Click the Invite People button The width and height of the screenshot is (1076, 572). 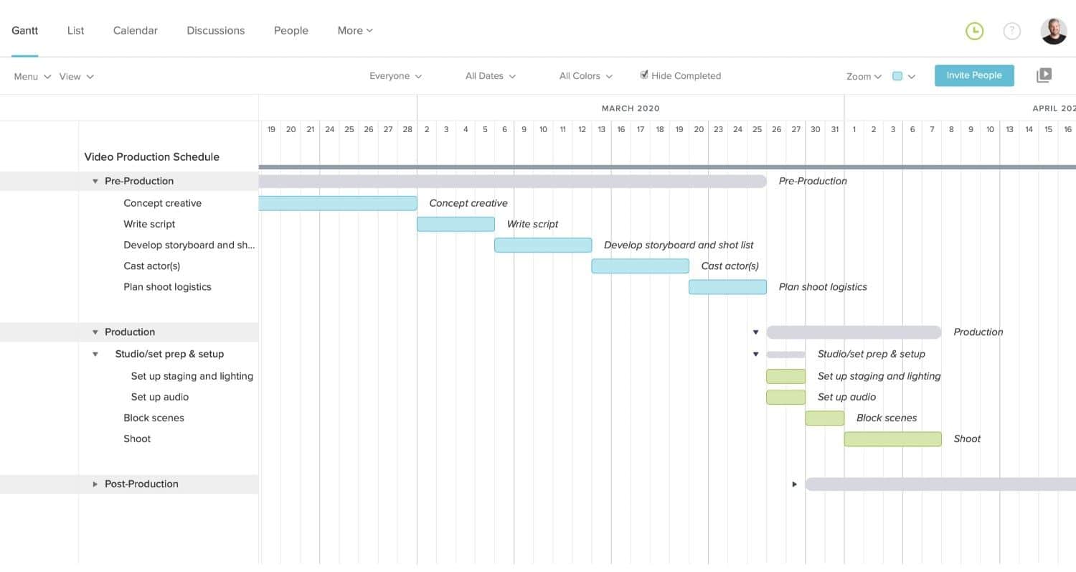tap(973, 75)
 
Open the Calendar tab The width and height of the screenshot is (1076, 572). tap(135, 30)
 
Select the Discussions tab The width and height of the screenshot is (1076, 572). tap(215, 30)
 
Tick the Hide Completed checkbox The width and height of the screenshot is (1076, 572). tap(644, 75)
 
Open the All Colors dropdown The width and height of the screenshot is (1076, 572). tap(585, 76)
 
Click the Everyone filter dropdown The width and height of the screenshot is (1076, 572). tap(395, 76)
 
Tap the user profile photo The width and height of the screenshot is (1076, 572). tap(1053, 31)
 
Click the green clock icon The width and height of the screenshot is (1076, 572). tap(974, 31)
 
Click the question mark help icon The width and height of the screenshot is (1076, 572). tap(1011, 31)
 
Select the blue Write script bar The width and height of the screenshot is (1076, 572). tap(456, 224)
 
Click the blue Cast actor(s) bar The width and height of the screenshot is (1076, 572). tap(640, 266)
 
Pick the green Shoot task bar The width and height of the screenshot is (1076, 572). tap(892, 439)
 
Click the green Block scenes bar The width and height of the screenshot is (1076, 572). tap(824, 418)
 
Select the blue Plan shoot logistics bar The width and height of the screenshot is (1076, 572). tap(727, 287)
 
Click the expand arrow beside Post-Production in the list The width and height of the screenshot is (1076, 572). tap(95, 484)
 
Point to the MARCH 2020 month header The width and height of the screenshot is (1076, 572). tap(630, 108)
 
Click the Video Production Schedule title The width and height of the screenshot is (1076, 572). tap(151, 157)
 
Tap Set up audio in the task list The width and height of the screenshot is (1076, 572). tap(159, 397)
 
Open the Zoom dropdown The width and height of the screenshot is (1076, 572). tap(863, 76)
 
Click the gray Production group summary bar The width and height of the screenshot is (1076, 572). tap(854, 332)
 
